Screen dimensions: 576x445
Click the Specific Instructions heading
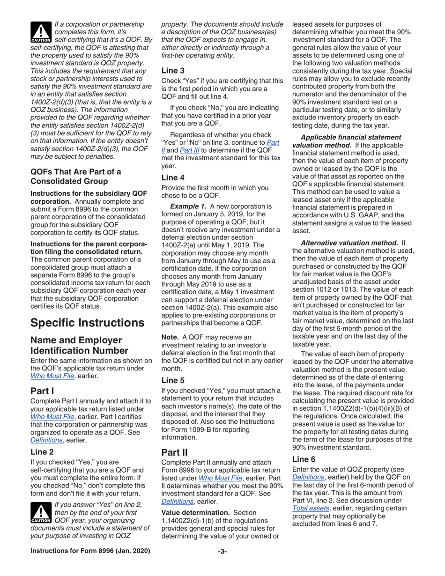(x=87, y=323)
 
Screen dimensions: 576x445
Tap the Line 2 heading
(x=44, y=452)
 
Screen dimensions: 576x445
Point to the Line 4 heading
(x=174, y=177)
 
